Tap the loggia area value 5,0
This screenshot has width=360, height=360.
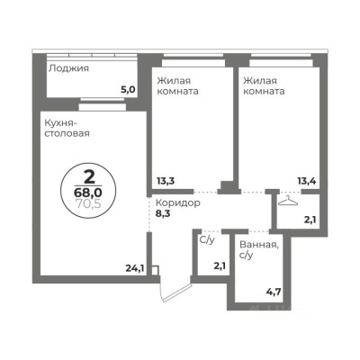tap(128, 89)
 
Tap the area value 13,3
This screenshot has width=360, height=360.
tap(165, 180)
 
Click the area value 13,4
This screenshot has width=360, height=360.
tap(308, 180)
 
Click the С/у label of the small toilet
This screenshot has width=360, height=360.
tap(207, 240)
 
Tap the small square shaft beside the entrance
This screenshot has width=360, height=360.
tap(155, 268)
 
